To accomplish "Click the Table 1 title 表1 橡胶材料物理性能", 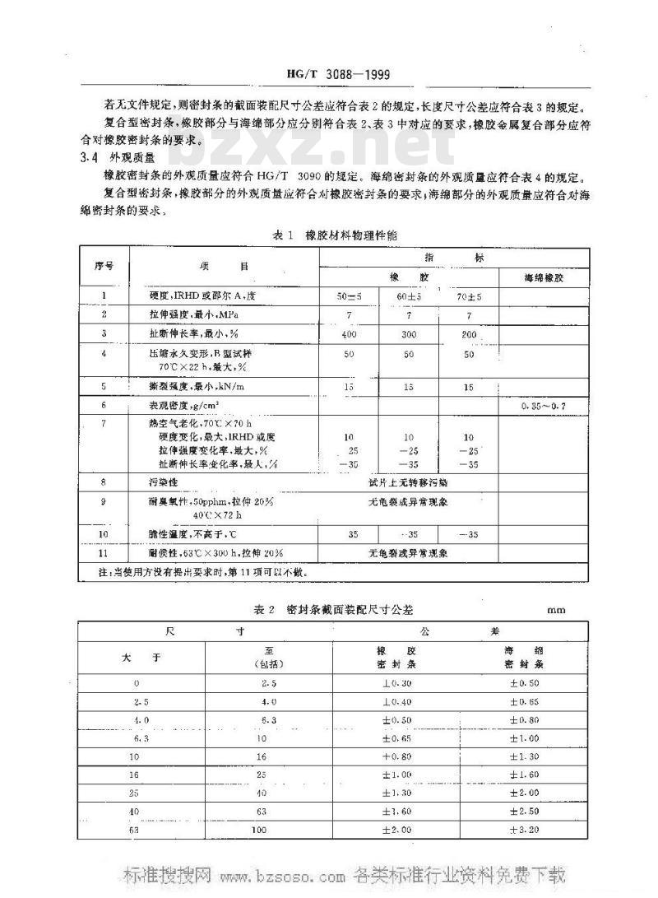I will (x=335, y=235).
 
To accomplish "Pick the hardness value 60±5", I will (x=408, y=295).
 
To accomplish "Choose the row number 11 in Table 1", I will (x=103, y=552).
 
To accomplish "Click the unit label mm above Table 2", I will (x=555, y=611).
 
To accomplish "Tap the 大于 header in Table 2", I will (x=136, y=657).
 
